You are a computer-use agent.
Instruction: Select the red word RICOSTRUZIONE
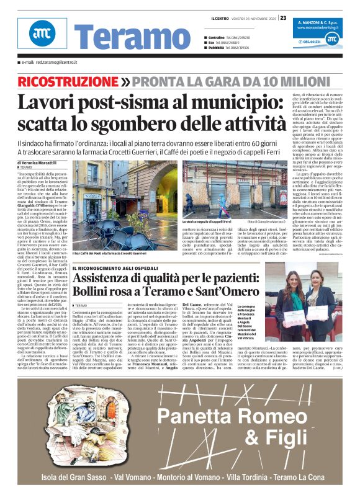(68, 82)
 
